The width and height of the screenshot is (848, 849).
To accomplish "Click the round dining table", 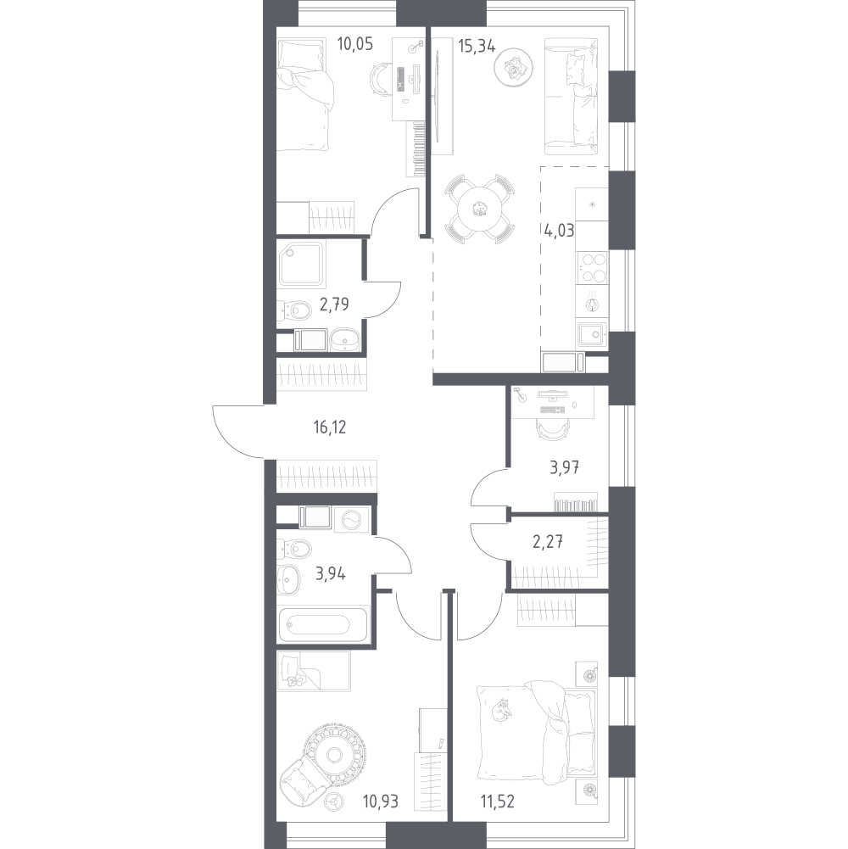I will point(480,207).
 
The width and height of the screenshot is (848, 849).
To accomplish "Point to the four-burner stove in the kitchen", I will point(592,268).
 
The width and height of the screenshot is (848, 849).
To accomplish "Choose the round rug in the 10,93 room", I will point(332,752).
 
